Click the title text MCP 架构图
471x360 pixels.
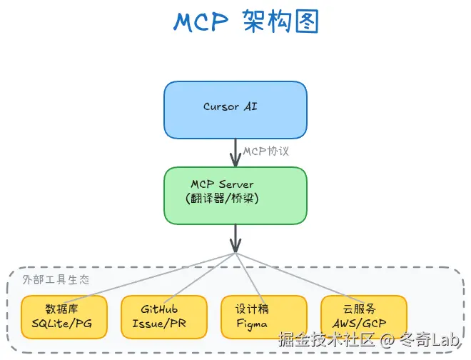(x=235, y=22)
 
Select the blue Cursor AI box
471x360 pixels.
(x=235, y=109)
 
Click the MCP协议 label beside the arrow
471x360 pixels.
(x=266, y=151)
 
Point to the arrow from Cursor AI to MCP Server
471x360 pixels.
(x=235, y=151)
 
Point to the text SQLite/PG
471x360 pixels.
(x=62, y=324)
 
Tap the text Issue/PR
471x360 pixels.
(x=159, y=324)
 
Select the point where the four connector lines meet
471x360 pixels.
(x=235, y=253)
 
